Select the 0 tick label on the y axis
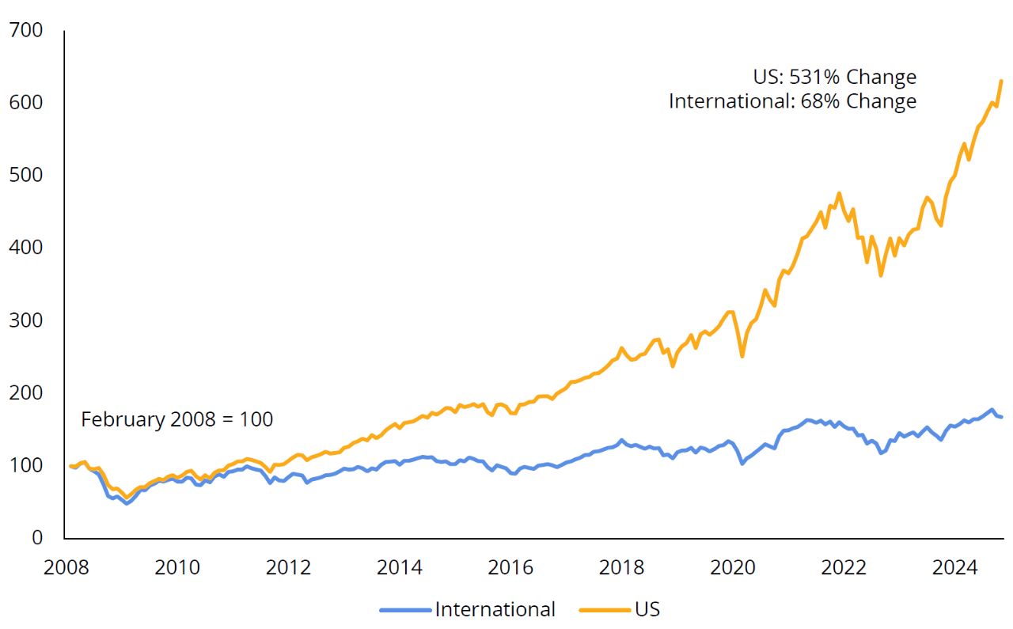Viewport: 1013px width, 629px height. pos(37,538)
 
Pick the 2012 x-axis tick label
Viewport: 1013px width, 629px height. pos(286,567)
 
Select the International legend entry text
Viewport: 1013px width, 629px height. pos(495,609)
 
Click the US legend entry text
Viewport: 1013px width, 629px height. pos(647,609)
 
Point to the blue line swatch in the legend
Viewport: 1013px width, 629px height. pos(405,610)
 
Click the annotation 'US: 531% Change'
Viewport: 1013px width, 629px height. pos(834,78)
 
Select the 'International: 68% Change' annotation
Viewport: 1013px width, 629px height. pos(792,102)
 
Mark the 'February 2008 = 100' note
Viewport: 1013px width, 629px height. pos(176,419)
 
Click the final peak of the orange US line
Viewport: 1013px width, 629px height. pos(1001,81)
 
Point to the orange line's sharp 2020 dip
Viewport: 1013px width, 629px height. pos(742,356)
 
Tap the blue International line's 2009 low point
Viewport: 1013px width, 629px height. pos(126,503)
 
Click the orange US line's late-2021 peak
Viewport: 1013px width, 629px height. pos(839,193)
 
